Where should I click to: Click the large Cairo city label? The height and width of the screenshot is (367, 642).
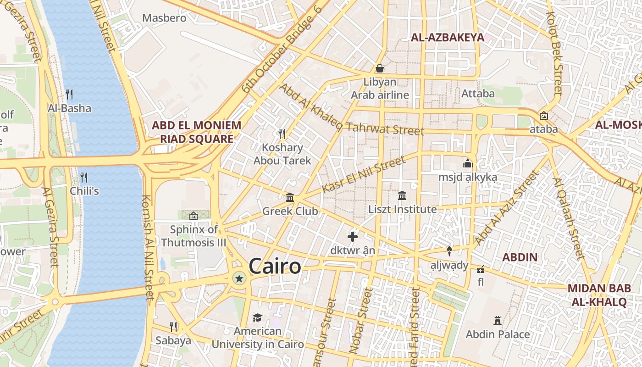(x=275, y=267)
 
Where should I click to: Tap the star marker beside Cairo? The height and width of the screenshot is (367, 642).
(x=239, y=278)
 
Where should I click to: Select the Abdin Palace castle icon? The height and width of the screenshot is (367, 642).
(x=498, y=320)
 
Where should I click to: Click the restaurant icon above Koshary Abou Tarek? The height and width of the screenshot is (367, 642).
(x=282, y=134)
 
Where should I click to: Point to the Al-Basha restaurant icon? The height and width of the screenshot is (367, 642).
(x=69, y=95)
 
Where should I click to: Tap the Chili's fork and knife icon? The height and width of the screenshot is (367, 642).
(x=84, y=177)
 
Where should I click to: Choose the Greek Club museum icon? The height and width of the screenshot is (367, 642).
(x=290, y=197)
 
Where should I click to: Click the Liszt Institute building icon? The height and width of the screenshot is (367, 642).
(x=402, y=196)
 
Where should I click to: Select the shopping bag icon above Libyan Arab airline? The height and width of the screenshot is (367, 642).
(x=380, y=68)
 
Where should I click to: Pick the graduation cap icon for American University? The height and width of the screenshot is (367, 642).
(x=257, y=317)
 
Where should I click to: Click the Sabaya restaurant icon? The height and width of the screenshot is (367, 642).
(x=173, y=327)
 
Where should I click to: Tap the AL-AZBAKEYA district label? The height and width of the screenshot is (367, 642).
(x=448, y=38)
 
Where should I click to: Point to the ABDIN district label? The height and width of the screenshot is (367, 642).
(x=520, y=257)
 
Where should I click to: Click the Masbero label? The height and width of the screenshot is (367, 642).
(x=164, y=18)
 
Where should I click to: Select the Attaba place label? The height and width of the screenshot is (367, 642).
(x=478, y=94)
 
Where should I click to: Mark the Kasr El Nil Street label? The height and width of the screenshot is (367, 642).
(x=364, y=174)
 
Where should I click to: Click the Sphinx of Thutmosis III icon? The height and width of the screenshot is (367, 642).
(x=194, y=216)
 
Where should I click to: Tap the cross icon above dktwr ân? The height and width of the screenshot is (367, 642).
(x=353, y=237)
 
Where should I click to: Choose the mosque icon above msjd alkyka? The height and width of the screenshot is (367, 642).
(x=467, y=163)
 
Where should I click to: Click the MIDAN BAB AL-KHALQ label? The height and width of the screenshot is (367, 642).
(x=598, y=295)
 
